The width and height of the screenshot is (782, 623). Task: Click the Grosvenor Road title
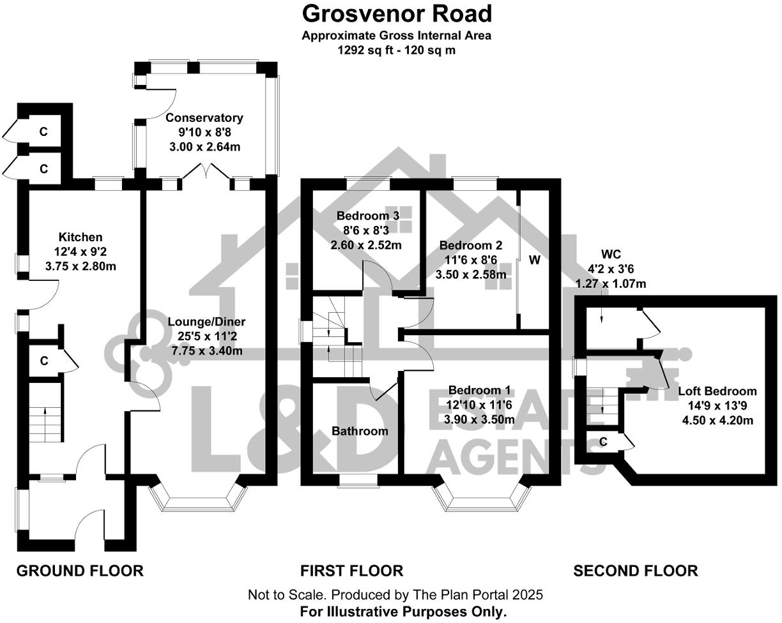[397, 13]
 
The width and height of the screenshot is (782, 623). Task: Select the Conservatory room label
[204, 118]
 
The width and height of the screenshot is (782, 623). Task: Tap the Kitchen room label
[80, 237]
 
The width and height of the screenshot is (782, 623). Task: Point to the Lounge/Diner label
[206, 322]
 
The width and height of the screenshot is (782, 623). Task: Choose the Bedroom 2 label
[471, 245]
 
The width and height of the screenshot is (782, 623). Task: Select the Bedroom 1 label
[479, 391]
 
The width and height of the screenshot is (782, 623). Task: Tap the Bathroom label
[360, 431]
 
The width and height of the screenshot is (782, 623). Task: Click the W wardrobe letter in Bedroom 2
[535, 260]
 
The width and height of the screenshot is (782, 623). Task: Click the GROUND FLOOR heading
[80, 570]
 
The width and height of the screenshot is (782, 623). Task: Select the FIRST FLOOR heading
[352, 570]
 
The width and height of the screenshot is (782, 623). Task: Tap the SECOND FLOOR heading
[635, 570]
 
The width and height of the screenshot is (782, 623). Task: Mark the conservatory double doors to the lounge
[206, 172]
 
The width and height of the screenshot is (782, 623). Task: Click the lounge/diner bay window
[197, 502]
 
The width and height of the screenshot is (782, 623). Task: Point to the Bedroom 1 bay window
[483, 502]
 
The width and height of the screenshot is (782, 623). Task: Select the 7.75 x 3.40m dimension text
[206, 350]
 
